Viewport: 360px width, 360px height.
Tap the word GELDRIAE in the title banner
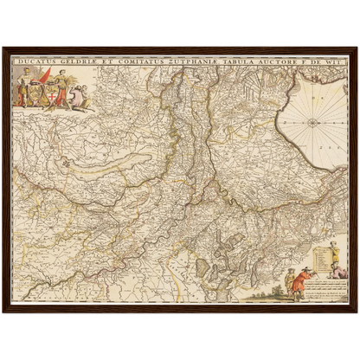[x=71, y=62]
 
